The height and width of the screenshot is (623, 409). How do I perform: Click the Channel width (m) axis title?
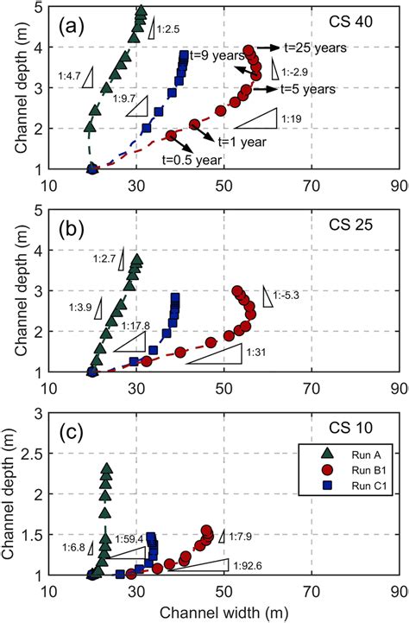pos(222,613)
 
